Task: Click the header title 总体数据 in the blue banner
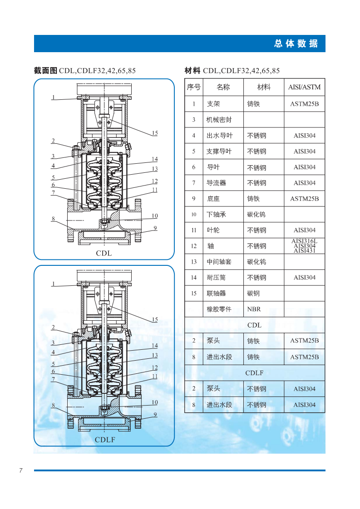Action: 296,44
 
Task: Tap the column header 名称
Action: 223,87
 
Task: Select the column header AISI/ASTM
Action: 304,87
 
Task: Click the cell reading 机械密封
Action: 219,120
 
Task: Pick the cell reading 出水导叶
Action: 219,136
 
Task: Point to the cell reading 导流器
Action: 216,183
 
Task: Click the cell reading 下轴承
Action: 216,215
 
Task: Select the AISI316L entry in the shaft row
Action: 305,241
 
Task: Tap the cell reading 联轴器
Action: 216,294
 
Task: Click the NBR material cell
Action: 254,309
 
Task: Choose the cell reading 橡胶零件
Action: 219,309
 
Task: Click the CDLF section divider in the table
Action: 254,373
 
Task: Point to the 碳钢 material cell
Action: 253,294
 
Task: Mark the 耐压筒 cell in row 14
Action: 216,278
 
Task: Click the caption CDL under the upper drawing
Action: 104,253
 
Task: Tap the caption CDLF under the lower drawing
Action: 105,440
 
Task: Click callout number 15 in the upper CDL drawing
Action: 155,133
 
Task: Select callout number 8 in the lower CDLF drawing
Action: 53,405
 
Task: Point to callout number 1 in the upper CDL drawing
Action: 53,97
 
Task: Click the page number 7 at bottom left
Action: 21,470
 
